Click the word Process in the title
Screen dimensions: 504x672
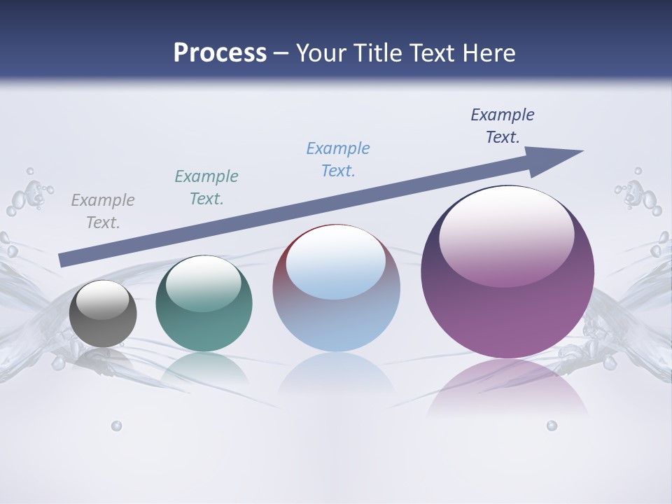point(220,52)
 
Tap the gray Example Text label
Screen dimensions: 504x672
point(103,211)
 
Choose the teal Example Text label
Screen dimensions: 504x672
point(206,188)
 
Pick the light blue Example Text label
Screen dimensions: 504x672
point(338,160)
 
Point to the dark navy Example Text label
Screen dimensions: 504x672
point(503,126)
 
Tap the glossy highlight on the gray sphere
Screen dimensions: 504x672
point(103,300)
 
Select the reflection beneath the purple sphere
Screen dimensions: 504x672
point(507,388)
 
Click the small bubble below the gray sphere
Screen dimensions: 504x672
point(117,426)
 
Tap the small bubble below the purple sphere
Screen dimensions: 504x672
point(552,426)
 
